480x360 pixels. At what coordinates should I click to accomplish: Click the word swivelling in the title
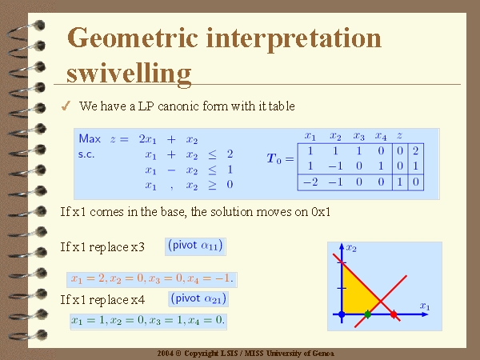129,74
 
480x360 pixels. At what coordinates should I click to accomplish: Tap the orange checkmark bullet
66,106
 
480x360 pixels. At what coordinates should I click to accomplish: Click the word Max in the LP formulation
90,138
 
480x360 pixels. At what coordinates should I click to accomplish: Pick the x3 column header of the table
358,136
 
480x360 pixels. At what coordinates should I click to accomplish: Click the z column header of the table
399,135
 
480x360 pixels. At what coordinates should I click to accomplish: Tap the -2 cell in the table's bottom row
310,182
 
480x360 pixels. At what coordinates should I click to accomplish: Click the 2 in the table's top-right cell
415,150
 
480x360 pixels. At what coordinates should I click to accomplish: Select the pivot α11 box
196,246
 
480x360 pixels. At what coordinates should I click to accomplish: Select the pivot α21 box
198,298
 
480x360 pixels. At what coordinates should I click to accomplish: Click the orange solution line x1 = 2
152,279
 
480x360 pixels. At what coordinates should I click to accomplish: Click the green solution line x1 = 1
148,321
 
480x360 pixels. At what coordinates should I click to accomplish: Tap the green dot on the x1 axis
368,314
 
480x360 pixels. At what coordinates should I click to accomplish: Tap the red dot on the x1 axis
394,314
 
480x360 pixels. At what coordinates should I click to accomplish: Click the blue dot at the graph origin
342,314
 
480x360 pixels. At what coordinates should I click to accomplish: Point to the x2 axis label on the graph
351,248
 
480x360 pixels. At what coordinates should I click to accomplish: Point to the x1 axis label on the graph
425,306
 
